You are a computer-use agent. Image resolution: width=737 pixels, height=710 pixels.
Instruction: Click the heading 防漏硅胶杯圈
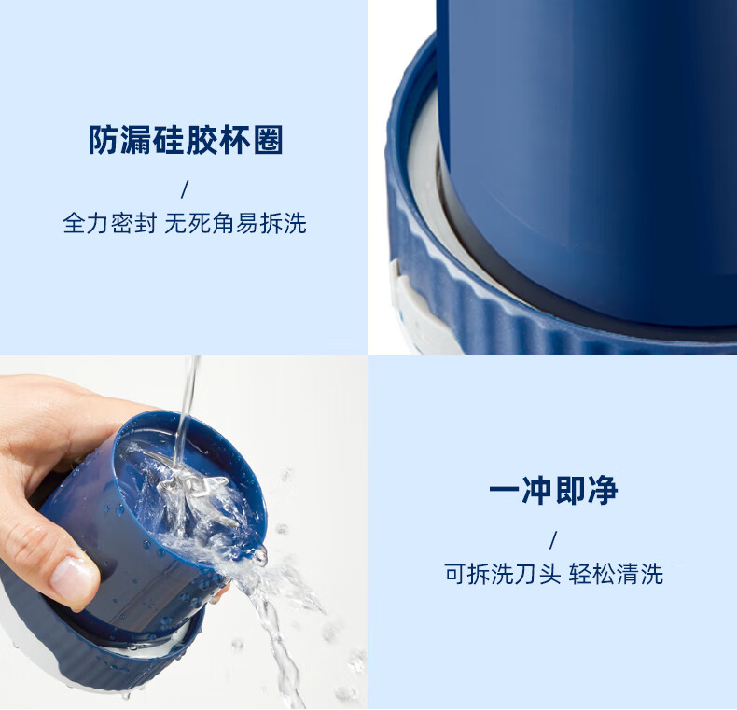pyautogui.click(x=186, y=140)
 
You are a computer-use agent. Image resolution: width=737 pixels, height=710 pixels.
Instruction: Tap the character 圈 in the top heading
pyautogui.click(x=269, y=140)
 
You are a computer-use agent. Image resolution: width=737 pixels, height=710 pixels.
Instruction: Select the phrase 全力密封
pyautogui.click(x=109, y=223)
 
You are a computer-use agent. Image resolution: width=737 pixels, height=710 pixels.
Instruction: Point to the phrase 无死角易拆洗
pyautogui.click(x=235, y=223)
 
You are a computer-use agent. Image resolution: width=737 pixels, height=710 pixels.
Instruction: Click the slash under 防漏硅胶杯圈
pyautogui.click(x=185, y=189)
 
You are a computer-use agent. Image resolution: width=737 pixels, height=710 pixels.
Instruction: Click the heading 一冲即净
pyautogui.click(x=553, y=491)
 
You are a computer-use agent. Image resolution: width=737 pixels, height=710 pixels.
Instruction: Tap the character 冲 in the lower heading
pyautogui.click(x=536, y=491)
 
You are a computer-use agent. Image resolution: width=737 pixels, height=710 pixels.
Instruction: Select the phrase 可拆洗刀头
pyautogui.click(x=503, y=574)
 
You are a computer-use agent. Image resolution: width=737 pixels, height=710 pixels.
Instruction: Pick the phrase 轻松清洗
pyautogui.click(x=616, y=574)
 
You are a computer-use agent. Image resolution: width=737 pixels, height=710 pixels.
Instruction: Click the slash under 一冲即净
pyautogui.click(x=553, y=540)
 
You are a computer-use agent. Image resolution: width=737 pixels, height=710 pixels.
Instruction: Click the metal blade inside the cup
pyautogui.click(x=198, y=489)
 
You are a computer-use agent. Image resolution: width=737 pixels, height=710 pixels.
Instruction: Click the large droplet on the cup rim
pyautogui.click(x=260, y=556)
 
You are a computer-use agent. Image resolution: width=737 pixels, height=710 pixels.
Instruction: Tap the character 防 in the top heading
pyautogui.click(x=104, y=140)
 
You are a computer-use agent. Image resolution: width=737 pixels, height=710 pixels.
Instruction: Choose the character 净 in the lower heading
pyautogui.click(x=603, y=491)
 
